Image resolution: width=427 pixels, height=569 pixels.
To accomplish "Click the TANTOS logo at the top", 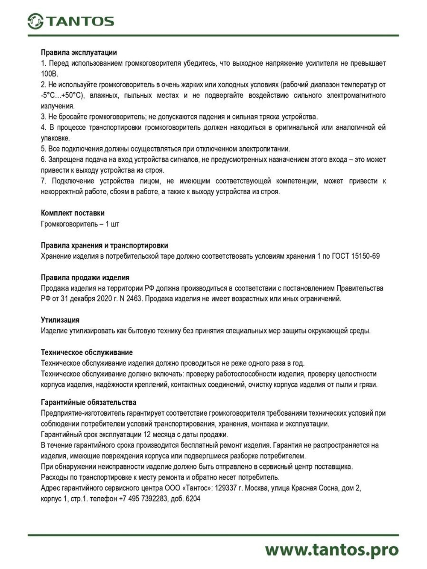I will coord(71,21).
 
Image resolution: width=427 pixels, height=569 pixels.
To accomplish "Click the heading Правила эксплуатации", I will coord(79,53).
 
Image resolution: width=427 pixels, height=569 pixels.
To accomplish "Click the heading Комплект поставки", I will coord(73,213).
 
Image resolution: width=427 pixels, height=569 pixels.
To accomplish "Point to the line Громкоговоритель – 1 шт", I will coord(80,224).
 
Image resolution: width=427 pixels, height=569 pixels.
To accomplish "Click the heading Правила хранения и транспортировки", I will coord(104,245).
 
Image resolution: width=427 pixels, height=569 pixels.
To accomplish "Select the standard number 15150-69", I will coord(365,256).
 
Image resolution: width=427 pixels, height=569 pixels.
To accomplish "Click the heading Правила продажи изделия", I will coord(85,277).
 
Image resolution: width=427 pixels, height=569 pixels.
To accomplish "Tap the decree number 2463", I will coord(135,299).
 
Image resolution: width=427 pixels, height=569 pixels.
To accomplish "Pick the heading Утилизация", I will coord(60,320).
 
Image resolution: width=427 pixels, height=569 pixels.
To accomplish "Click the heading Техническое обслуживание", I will coord(87,353).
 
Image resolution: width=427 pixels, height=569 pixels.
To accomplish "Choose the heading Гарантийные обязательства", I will coord(88,402).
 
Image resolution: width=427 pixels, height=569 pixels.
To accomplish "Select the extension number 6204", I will coord(193,499).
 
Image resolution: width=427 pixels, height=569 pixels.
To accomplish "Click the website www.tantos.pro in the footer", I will coord(332,550).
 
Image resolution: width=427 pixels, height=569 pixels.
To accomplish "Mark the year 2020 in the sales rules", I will coord(106,299).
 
